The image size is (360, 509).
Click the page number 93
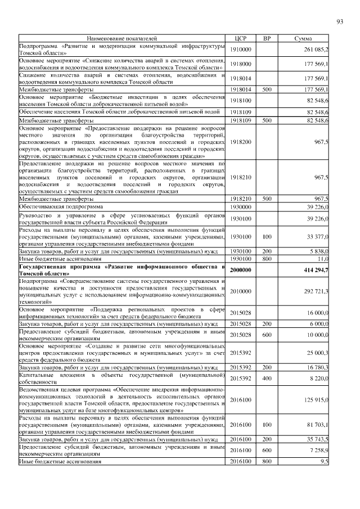339,22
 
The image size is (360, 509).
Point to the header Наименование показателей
122,38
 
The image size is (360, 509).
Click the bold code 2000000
240,271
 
